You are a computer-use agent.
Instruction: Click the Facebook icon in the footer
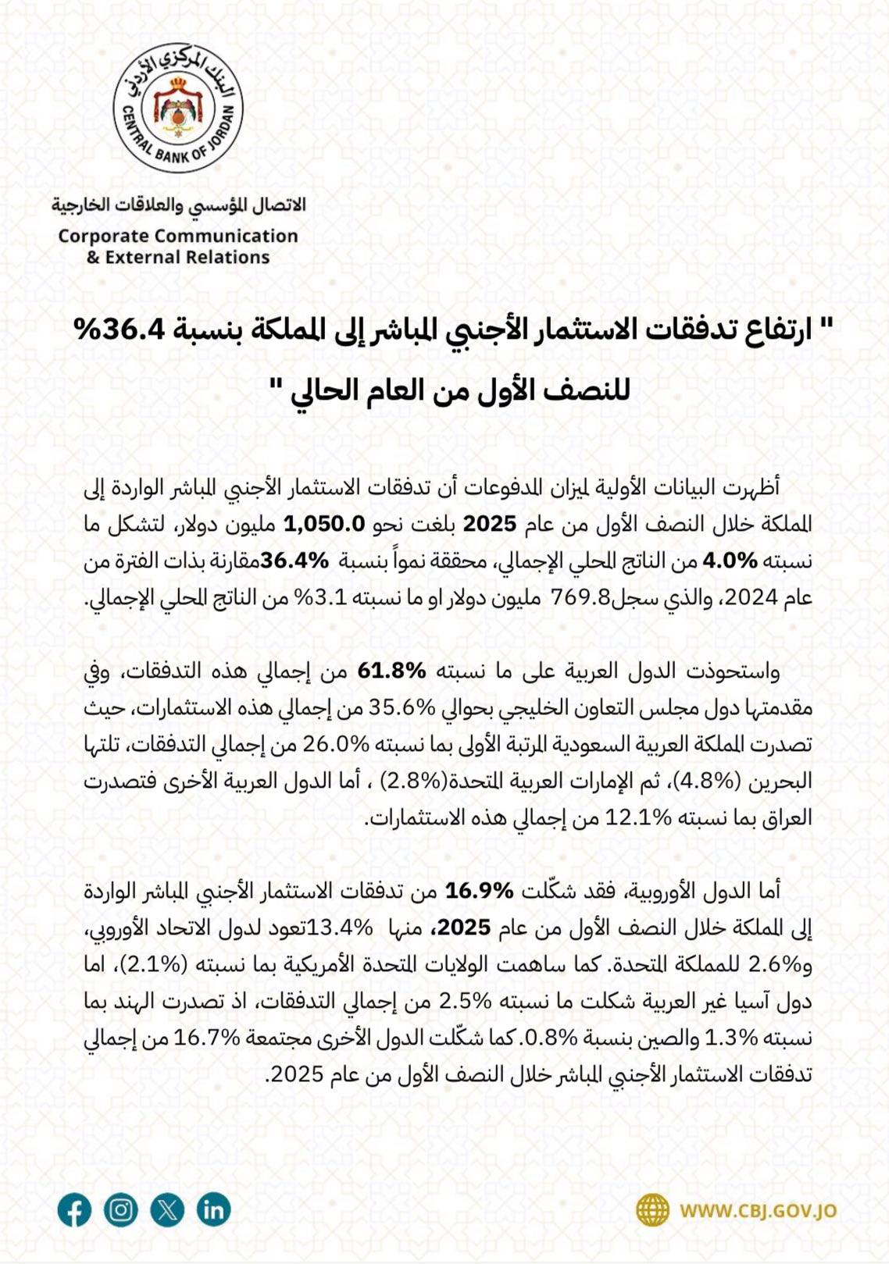click(x=74, y=1211)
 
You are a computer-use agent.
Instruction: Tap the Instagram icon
click(x=121, y=1210)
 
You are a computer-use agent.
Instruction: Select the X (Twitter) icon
click(x=167, y=1210)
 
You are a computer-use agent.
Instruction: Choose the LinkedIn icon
click(x=213, y=1210)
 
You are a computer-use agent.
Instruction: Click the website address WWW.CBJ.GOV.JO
click(x=757, y=1211)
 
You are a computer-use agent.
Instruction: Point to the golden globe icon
click(x=652, y=1211)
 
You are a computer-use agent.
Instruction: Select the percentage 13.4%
click(x=341, y=928)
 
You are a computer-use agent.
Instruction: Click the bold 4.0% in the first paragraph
click(x=730, y=561)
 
